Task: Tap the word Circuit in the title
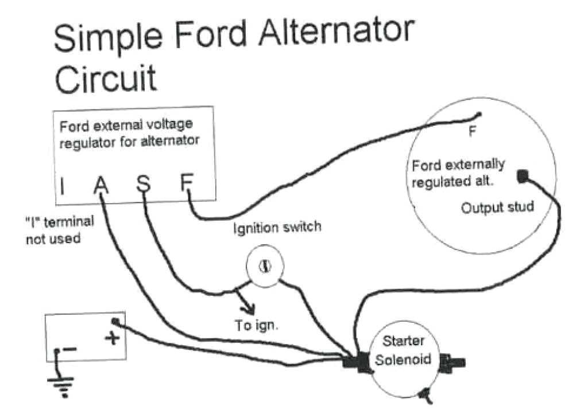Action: pyautogui.click(x=106, y=79)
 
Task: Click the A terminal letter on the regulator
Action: pyautogui.click(x=101, y=185)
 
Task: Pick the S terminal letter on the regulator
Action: pyautogui.click(x=144, y=185)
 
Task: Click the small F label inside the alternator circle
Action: pyautogui.click(x=472, y=131)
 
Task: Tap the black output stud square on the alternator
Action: pyautogui.click(x=523, y=177)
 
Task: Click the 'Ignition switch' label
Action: pyautogui.click(x=277, y=227)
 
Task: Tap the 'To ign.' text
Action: pyautogui.click(x=256, y=325)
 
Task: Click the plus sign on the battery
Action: pyautogui.click(x=112, y=338)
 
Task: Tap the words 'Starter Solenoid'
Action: pyautogui.click(x=403, y=351)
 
